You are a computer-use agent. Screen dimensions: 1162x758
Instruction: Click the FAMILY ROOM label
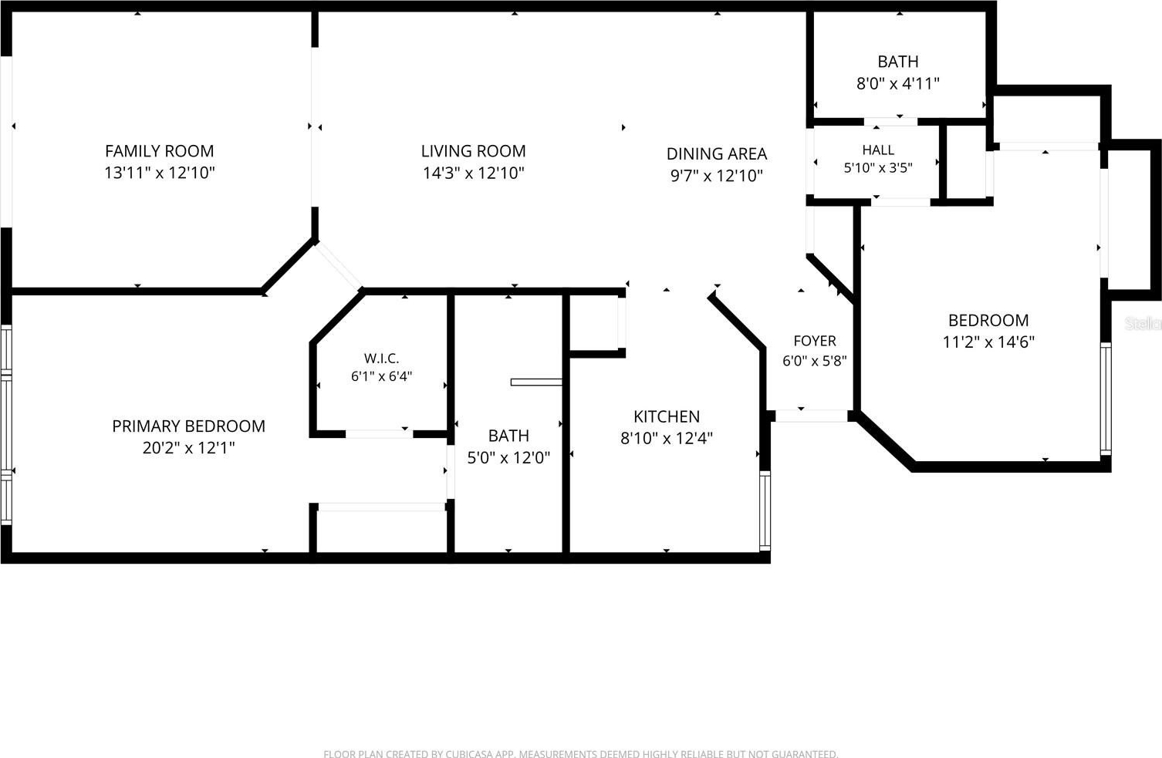pos(159,151)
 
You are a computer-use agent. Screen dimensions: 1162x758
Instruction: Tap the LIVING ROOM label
pos(473,151)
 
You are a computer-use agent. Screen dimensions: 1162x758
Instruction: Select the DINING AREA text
pos(716,153)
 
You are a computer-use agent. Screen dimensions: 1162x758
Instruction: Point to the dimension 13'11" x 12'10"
pos(159,173)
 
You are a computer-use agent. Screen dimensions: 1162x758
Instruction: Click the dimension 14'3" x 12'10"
pos(473,173)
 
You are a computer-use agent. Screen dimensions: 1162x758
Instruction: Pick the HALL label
pos(878,150)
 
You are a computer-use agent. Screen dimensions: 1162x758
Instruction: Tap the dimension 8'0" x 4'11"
pos(898,83)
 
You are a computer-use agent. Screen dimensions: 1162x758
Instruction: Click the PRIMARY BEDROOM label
pos(188,426)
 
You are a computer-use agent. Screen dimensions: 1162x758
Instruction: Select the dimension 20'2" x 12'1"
pos(188,448)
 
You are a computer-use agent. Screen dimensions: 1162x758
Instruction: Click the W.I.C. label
pos(381,359)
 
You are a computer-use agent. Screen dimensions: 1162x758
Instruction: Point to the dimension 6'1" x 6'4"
pos(381,376)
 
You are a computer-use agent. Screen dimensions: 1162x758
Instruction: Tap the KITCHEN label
pos(667,416)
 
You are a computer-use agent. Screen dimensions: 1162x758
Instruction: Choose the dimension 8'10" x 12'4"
pos(667,439)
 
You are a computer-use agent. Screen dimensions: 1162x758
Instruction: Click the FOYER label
pos(815,341)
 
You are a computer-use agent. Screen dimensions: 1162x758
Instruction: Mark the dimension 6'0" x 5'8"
pos(815,361)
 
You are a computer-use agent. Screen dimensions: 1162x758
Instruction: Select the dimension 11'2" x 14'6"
pos(988,342)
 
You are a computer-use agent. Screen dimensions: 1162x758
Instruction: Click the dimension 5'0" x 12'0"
pos(508,458)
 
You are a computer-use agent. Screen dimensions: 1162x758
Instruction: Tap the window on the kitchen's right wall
pos(765,510)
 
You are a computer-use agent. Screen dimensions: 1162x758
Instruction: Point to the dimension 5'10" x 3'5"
pos(878,168)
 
